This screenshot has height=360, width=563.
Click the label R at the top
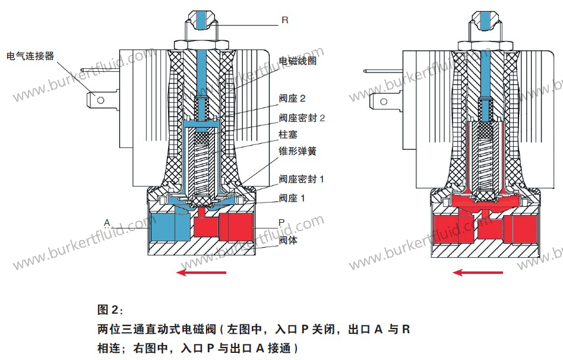(x=284, y=20)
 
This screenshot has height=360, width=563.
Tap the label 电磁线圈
(x=298, y=61)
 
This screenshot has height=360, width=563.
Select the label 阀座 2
(x=292, y=98)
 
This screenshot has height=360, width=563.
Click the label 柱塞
(x=288, y=135)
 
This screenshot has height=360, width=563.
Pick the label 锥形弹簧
(x=298, y=151)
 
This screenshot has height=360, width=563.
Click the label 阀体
(x=288, y=241)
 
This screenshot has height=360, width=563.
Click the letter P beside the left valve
(x=282, y=222)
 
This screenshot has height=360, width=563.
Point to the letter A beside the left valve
(x=107, y=223)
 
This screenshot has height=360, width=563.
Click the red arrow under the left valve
(x=202, y=273)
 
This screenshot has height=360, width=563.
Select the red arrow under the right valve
(x=477, y=273)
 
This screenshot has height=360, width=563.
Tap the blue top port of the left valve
(x=199, y=18)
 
